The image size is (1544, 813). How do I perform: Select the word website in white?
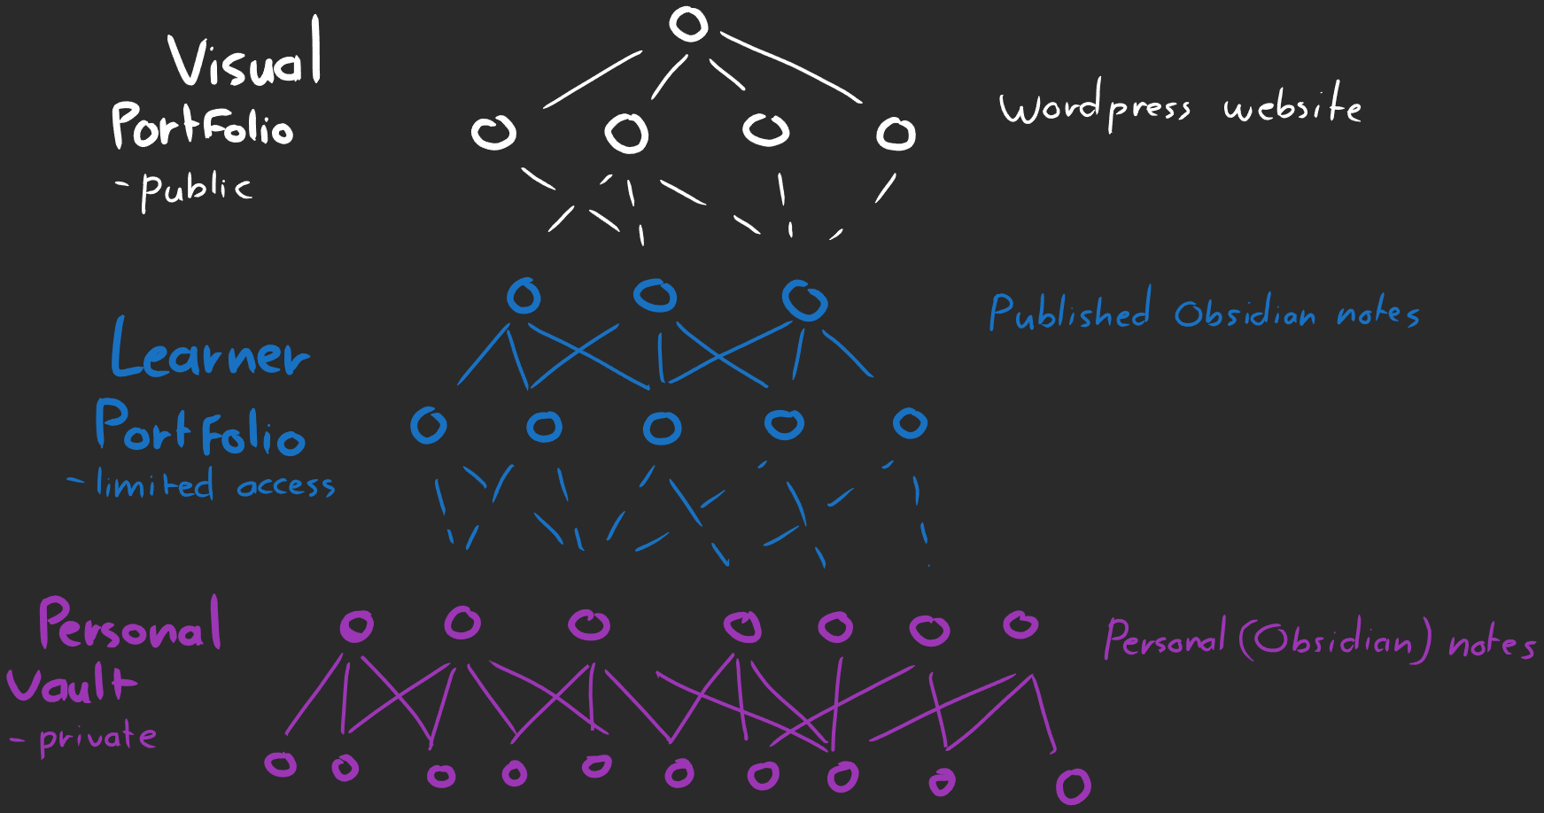(1292, 106)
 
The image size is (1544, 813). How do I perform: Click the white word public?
(196, 189)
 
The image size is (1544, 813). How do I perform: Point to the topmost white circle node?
(688, 24)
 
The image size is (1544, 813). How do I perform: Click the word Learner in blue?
(210, 352)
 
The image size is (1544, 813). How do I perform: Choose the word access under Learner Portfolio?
(286, 486)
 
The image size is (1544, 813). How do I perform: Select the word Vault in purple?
(71, 685)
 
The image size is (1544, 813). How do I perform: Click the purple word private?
(97, 738)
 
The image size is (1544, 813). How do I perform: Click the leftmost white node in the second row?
(493, 133)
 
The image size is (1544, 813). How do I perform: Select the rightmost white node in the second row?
(896, 135)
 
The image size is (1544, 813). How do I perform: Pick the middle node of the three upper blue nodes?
(656, 295)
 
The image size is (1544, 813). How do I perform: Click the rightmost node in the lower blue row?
(910, 423)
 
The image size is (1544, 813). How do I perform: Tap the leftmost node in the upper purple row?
(357, 626)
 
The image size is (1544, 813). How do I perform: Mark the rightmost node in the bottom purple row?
(1073, 786)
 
